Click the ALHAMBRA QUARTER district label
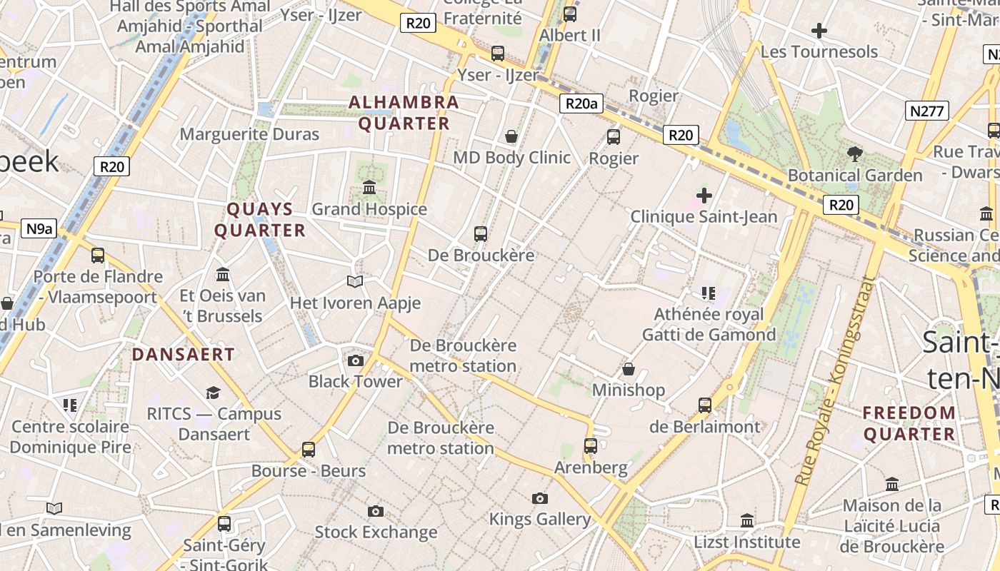coord(404,113)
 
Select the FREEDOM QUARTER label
coord(909,423)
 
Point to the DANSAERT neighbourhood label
coord(184,355)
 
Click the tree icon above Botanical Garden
coord(854,153)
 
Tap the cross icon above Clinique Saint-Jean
coord(704,195)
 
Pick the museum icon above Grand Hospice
coord(369,188)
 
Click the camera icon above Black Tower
coord(355,360)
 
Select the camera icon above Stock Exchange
coord(376,511)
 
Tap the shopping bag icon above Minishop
coord(629,369)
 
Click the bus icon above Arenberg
coord(590,446)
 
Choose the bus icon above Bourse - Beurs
coord(309,450)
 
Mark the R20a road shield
coord(581,104)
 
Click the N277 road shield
coord(927,111)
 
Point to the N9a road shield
coord(39,228)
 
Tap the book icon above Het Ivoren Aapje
coord(355,282)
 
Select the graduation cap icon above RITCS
coord(213,393)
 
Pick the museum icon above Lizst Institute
coord(747,521)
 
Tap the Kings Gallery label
coord(540,520)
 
